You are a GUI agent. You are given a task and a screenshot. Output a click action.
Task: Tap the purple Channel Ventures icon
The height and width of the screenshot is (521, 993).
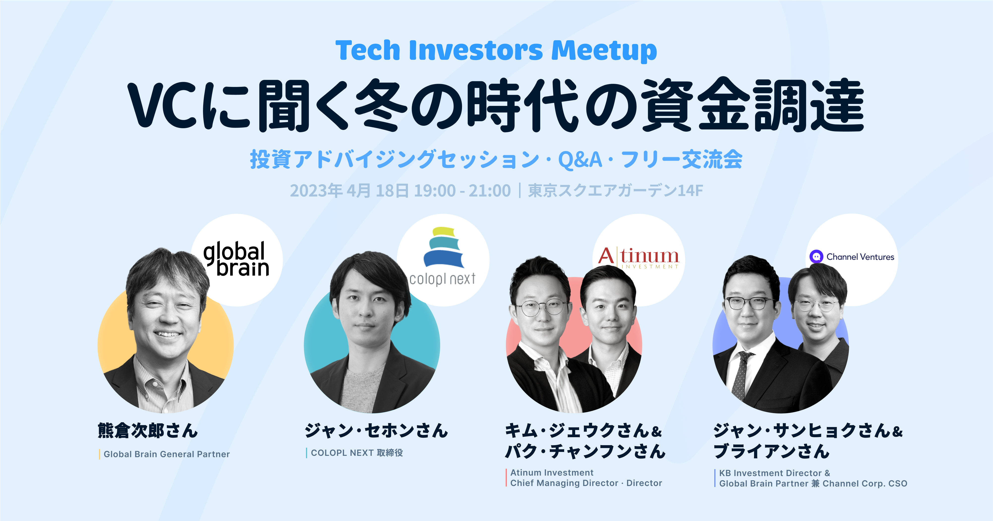pyautogui.click(x=816, y=257)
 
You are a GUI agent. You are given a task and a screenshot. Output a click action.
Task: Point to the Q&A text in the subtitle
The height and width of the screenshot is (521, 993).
pyautogui.click(x=580, y=159)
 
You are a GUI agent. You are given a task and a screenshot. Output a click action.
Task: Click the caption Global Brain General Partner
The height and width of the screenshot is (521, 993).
pyautogui.click(x=166, y=454)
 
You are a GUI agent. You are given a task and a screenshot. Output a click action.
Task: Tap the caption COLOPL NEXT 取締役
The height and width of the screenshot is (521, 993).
pyautogui.click(x=357, y=453)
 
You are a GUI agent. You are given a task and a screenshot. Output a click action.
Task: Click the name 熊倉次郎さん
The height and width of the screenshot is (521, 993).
pyautogui.click(x=148, y=431)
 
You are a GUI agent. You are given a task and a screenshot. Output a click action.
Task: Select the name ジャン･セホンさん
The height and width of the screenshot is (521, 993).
pyautogui.click(x=376, y=431)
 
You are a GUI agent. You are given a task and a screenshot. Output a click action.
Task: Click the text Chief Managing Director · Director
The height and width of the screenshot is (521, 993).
pyautogui.click(x=586, y=483)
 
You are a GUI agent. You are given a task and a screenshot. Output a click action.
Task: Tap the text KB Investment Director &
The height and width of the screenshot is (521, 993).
pyautogui.click(x=774, y=473)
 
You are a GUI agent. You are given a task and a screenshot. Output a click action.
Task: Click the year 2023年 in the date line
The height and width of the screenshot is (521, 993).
pyautogui.click(x=316, y=191)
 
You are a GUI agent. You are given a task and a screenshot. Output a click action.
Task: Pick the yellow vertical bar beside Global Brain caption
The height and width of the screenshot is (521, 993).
pyautogui.click(x=99, y=454)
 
